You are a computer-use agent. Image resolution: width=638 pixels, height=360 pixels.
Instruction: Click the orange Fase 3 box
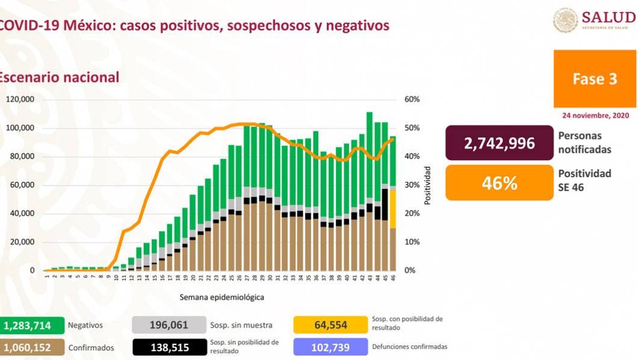595,79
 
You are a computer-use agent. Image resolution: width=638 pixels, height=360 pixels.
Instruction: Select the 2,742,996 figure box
499,143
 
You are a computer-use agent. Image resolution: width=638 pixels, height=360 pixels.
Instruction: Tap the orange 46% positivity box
499,183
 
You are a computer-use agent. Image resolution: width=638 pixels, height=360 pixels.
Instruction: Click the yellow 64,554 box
330,325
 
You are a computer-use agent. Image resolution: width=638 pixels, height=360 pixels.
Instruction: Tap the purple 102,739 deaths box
330,347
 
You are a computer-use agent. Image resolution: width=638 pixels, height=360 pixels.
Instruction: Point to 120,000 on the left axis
20,99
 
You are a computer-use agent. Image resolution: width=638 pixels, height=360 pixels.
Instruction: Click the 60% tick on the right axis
412,99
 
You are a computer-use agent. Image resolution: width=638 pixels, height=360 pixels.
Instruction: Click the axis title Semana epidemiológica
221,297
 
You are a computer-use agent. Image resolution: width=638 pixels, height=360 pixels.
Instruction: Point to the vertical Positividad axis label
427,185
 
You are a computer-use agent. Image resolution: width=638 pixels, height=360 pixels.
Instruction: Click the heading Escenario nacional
59,77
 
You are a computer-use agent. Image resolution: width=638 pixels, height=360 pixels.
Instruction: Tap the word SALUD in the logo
609,17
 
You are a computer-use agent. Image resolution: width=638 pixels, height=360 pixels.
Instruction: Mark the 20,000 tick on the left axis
22,242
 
